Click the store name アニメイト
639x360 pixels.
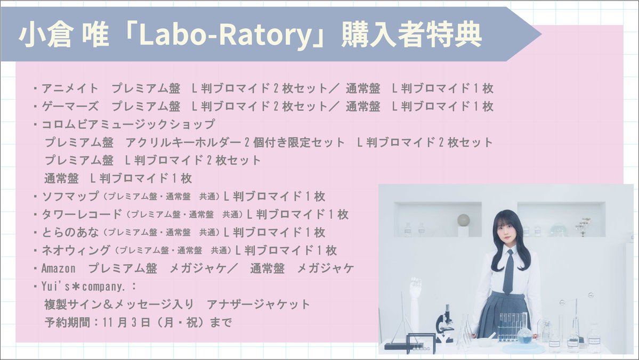tap(70, 88)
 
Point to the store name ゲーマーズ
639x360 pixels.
tap(70, 106)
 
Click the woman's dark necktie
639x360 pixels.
tap(508, 272)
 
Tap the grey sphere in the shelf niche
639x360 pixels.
tap(464, 219)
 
